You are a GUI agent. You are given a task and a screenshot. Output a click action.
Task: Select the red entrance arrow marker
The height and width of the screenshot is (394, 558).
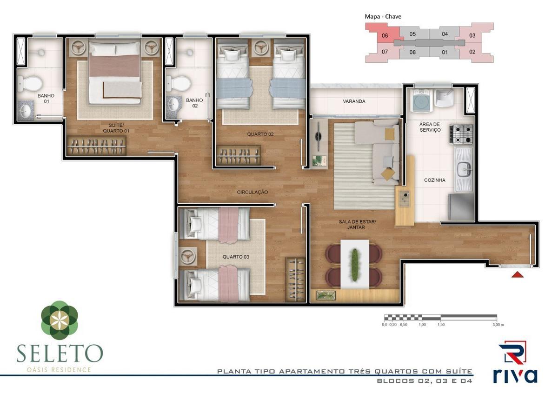click(518, 274)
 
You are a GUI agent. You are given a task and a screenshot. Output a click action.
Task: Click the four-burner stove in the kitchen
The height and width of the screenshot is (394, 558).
click(461, 134)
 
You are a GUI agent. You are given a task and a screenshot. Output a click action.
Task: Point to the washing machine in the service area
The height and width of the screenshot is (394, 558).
click(421, 101)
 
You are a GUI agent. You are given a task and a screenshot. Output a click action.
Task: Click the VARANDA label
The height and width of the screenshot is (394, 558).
click(354, 101)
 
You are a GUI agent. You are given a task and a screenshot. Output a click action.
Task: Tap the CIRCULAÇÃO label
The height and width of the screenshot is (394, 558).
click(252, 192)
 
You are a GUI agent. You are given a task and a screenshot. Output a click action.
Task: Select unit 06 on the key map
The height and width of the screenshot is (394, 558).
click(385, 36)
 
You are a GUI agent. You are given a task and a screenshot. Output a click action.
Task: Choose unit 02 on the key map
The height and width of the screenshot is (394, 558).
click(472, 52)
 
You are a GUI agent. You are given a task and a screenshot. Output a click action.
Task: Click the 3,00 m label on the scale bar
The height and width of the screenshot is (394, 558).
click(498, 325)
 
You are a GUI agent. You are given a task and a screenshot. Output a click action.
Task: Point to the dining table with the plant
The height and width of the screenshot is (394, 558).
click(355, 264)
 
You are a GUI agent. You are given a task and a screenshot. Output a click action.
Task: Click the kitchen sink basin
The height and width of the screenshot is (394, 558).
click(465, 169)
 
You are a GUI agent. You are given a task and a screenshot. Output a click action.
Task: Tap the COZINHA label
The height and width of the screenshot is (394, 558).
click(435, 180)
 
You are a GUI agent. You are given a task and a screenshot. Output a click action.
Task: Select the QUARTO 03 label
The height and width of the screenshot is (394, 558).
click(236, 257)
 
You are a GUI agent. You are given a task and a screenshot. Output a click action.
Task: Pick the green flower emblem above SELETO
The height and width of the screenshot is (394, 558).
click(60, 320)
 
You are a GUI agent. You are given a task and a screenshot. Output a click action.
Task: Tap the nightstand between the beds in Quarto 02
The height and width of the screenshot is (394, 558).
click(261, 47)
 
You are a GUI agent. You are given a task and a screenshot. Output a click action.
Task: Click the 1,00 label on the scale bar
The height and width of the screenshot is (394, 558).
click(422, 325)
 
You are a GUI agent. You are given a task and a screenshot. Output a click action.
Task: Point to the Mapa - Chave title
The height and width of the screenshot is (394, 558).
click(383, 16)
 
